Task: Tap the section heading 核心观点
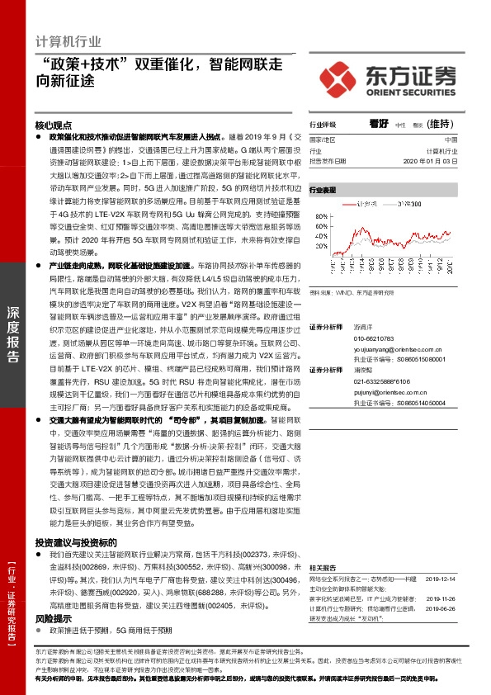point(54,125)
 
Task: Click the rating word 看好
point(379,123)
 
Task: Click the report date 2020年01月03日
point(429,162)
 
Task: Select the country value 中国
point(450,140)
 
